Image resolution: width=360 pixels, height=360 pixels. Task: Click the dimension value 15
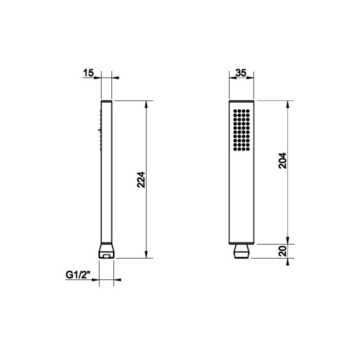pos(88,73)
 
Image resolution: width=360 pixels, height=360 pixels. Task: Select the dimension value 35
pos(241,73)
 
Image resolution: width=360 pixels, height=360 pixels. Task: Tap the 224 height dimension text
pos(141,180)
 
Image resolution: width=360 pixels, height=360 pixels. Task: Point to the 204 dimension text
pos(282,160)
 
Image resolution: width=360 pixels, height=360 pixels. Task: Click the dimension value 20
pos(282,251)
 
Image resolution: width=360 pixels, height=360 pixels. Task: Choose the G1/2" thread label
pos(78,275)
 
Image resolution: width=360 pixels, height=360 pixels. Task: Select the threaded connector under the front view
pos(241,251)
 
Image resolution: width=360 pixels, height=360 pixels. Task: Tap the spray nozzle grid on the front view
pos(241,130)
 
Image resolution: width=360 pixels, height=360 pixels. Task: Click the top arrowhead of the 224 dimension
pos(146,104)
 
